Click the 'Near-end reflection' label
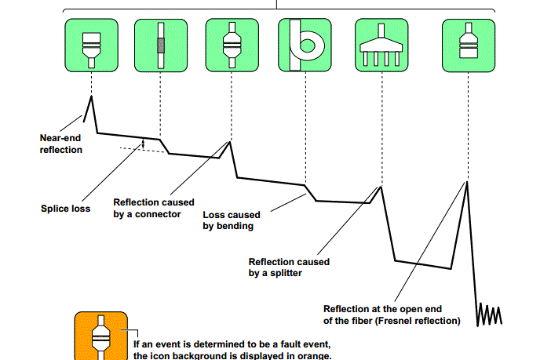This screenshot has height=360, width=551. pyautogui.click(x=60, y=144)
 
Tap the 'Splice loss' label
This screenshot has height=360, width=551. pyautogui.click(x=65, y=209)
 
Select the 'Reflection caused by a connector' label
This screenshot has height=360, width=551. pyautogui.click(x=154, y=208)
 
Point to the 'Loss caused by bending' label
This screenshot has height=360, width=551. pyautogui.click(x=239, y=220)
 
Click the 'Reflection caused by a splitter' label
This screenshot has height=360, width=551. pyautogui.click(x=289, y=267)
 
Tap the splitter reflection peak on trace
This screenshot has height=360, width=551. pyautogui.click(x=381, y=186)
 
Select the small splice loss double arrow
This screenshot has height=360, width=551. pyautogui.click(x=143, y=144)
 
